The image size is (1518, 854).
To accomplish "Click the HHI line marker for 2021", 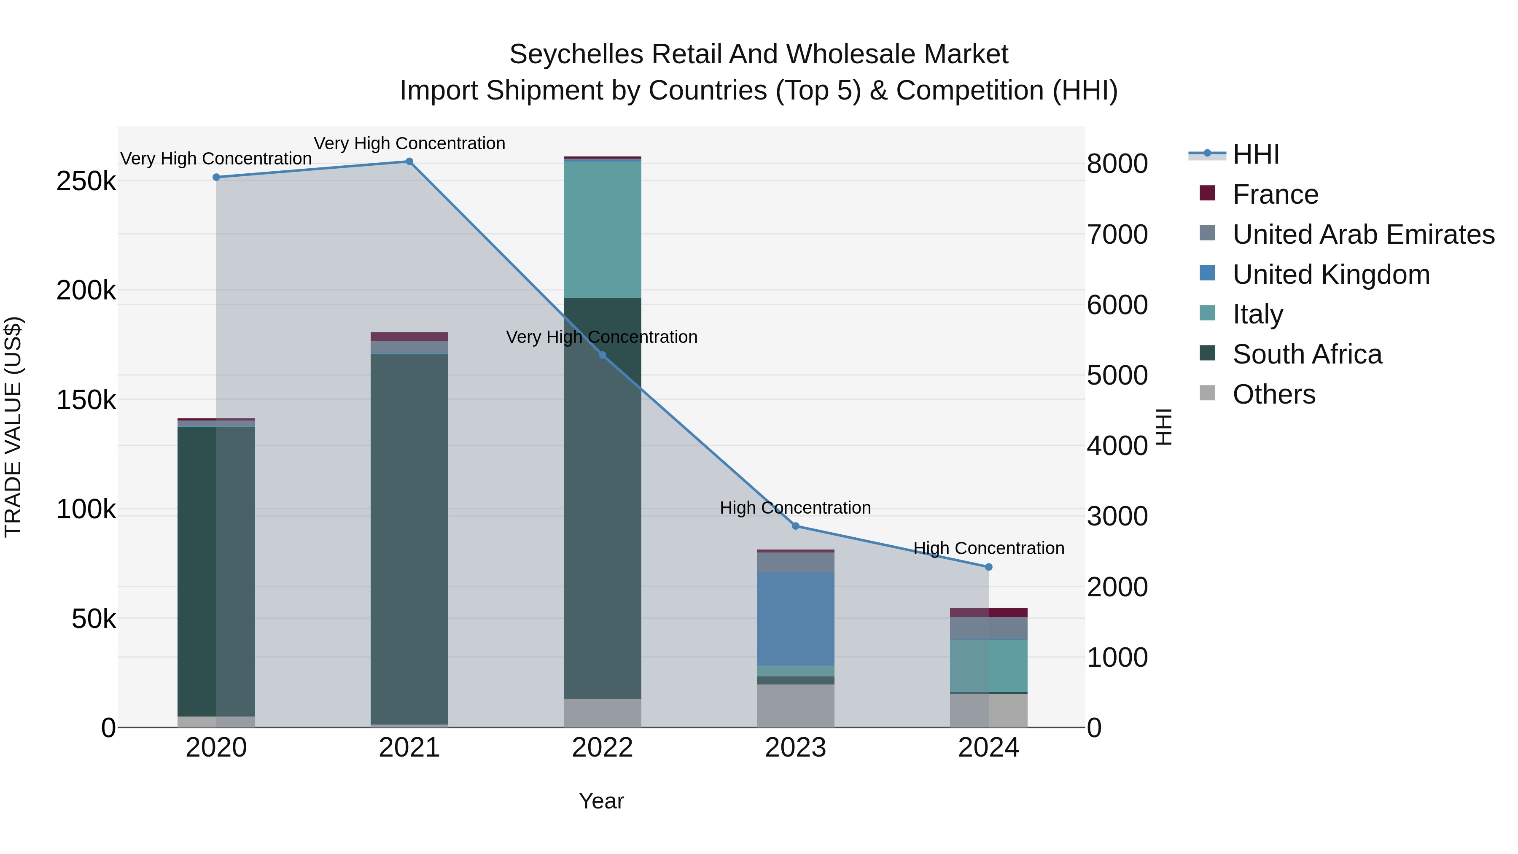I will click(409, 162).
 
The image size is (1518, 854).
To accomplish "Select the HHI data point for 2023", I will click(796, 526).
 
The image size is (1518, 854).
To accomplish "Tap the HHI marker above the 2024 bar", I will click(989, 567).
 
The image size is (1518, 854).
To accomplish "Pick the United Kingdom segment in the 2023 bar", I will click(796, 619).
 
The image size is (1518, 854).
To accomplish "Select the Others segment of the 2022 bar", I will click(602, 713).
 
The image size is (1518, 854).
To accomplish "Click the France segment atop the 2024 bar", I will click(989, 612).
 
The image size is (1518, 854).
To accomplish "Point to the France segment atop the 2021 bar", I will click(409, 337).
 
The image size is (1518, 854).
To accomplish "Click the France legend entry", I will click(1275, 194).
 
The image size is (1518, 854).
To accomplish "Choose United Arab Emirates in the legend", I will click(1363, 234).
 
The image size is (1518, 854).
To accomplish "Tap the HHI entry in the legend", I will click(1255, 154).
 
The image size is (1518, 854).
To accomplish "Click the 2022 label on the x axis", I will click(602, 748).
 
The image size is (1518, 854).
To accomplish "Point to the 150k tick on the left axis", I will click(86, 400).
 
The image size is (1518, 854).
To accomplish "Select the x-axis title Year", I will click(601, 801).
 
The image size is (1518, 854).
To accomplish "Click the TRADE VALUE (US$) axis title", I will click(13, 427).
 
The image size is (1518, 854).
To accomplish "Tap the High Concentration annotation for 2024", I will click(989, 548).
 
